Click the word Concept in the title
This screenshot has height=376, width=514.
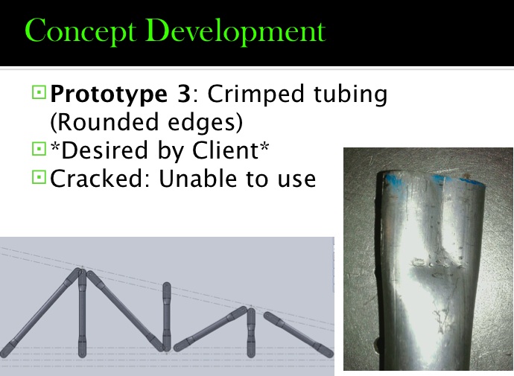[x=80, y=32]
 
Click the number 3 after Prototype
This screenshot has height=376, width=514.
[x=183, y=94]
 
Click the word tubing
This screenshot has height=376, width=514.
[x=350, y=95]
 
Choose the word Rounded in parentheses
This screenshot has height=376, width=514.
[x=105, y=122]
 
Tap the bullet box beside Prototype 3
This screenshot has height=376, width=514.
[x=39, y=92]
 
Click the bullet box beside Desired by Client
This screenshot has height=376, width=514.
[x=39, y=149]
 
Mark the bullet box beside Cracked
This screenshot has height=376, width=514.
[x=39, y=177]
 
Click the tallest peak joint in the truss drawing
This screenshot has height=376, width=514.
[x=81, y=273]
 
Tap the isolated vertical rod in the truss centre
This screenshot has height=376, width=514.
[x=167, y=316]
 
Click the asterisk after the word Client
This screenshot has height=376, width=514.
[x=264, y=146]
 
